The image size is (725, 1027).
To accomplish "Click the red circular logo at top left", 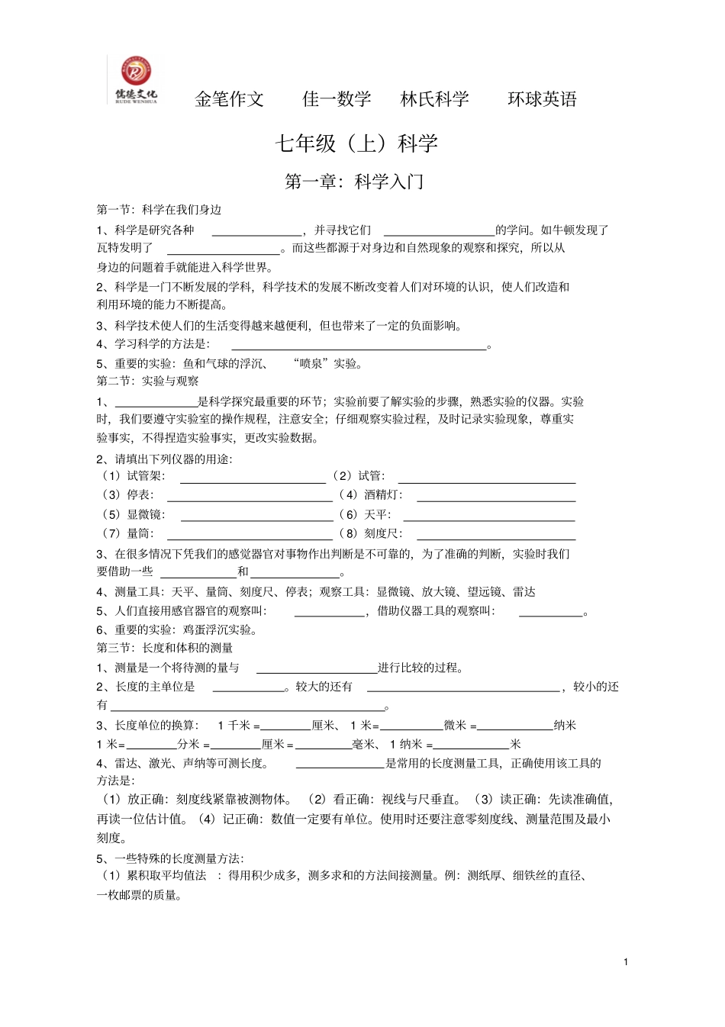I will point(136,72).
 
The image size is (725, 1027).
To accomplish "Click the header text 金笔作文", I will point(229,99).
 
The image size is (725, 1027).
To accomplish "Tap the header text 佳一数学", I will point(337,99).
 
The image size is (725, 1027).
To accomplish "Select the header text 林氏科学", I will point(435,99).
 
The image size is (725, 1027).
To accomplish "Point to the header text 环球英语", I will point(542,99).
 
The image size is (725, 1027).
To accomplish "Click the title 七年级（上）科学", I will point(356,143).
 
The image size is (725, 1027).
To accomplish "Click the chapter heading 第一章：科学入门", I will point(354,182).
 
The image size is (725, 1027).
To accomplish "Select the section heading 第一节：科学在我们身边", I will point(159,210).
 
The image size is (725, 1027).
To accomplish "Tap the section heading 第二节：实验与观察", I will point(147,381).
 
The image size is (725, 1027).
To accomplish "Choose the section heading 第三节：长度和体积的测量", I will point(164,648).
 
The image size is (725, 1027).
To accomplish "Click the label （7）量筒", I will point(128,534).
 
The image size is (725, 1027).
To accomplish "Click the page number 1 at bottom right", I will point(626,962).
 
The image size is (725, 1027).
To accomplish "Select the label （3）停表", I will point(128,495).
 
